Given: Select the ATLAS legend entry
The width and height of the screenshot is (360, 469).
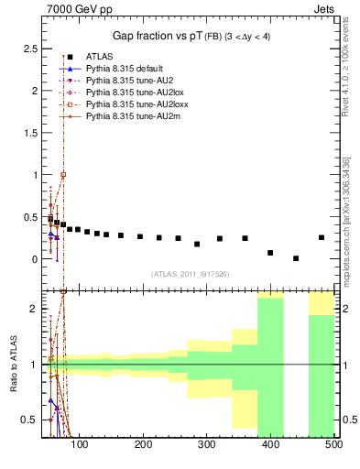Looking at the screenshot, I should tap(100, 56).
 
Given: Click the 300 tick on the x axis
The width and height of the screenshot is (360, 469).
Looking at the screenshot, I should tap(207, 444).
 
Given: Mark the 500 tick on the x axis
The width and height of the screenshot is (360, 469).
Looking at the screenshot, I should tap(333, 444).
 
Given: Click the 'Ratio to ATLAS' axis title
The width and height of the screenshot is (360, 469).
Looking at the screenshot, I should tap(12, 363).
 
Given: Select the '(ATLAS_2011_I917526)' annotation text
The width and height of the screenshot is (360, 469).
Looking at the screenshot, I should tap(190, 274).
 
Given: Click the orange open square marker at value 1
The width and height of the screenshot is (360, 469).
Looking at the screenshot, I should tap(63, 174).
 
